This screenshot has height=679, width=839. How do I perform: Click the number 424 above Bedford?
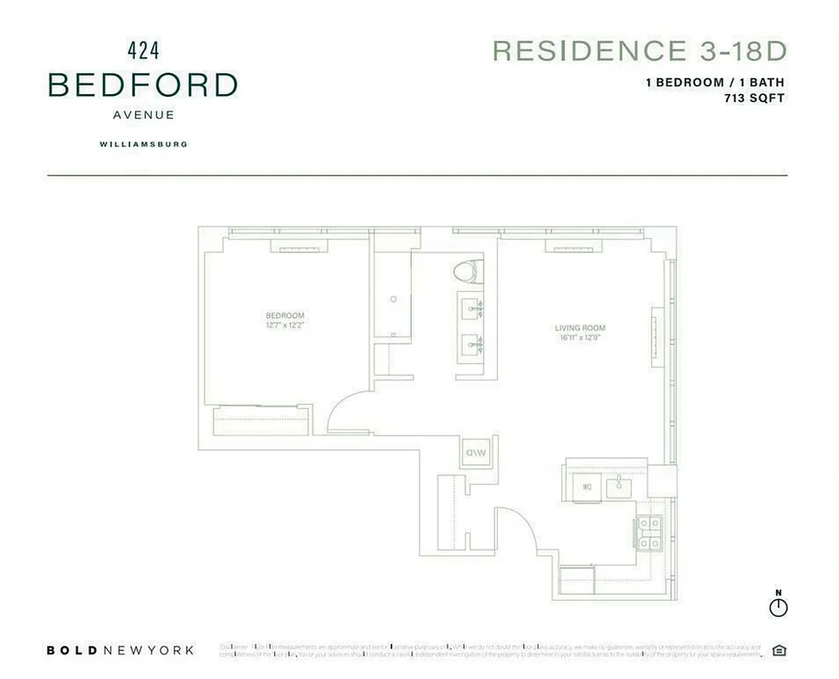(143, 50)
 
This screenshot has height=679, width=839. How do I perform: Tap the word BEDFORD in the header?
(143, 85)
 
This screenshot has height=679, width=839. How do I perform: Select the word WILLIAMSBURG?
(143, 144)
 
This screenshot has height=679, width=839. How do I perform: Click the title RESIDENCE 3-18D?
(639, 51)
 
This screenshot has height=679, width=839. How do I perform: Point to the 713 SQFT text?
(750, 98)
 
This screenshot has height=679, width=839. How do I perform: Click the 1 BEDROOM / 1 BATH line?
(714, 83)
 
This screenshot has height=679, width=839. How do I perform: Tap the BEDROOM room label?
(284, 316)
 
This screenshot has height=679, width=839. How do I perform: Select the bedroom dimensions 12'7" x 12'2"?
(284, 325)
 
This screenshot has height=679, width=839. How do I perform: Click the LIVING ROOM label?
(580, 328)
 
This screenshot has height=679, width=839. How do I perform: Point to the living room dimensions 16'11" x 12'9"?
(580, 338)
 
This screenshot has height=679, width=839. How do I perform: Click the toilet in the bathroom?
(465, 272)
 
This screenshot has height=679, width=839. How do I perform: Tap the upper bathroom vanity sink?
(470, 308)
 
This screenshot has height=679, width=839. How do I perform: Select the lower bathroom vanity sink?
(470, 345)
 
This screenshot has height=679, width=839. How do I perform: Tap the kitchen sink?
(620, 486)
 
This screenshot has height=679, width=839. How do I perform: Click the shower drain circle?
(393, 299)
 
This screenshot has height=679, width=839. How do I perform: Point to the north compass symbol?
(778, 607)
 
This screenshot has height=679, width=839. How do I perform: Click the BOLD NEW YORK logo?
(120, 651)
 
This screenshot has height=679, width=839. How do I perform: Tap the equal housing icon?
(779, 651)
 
